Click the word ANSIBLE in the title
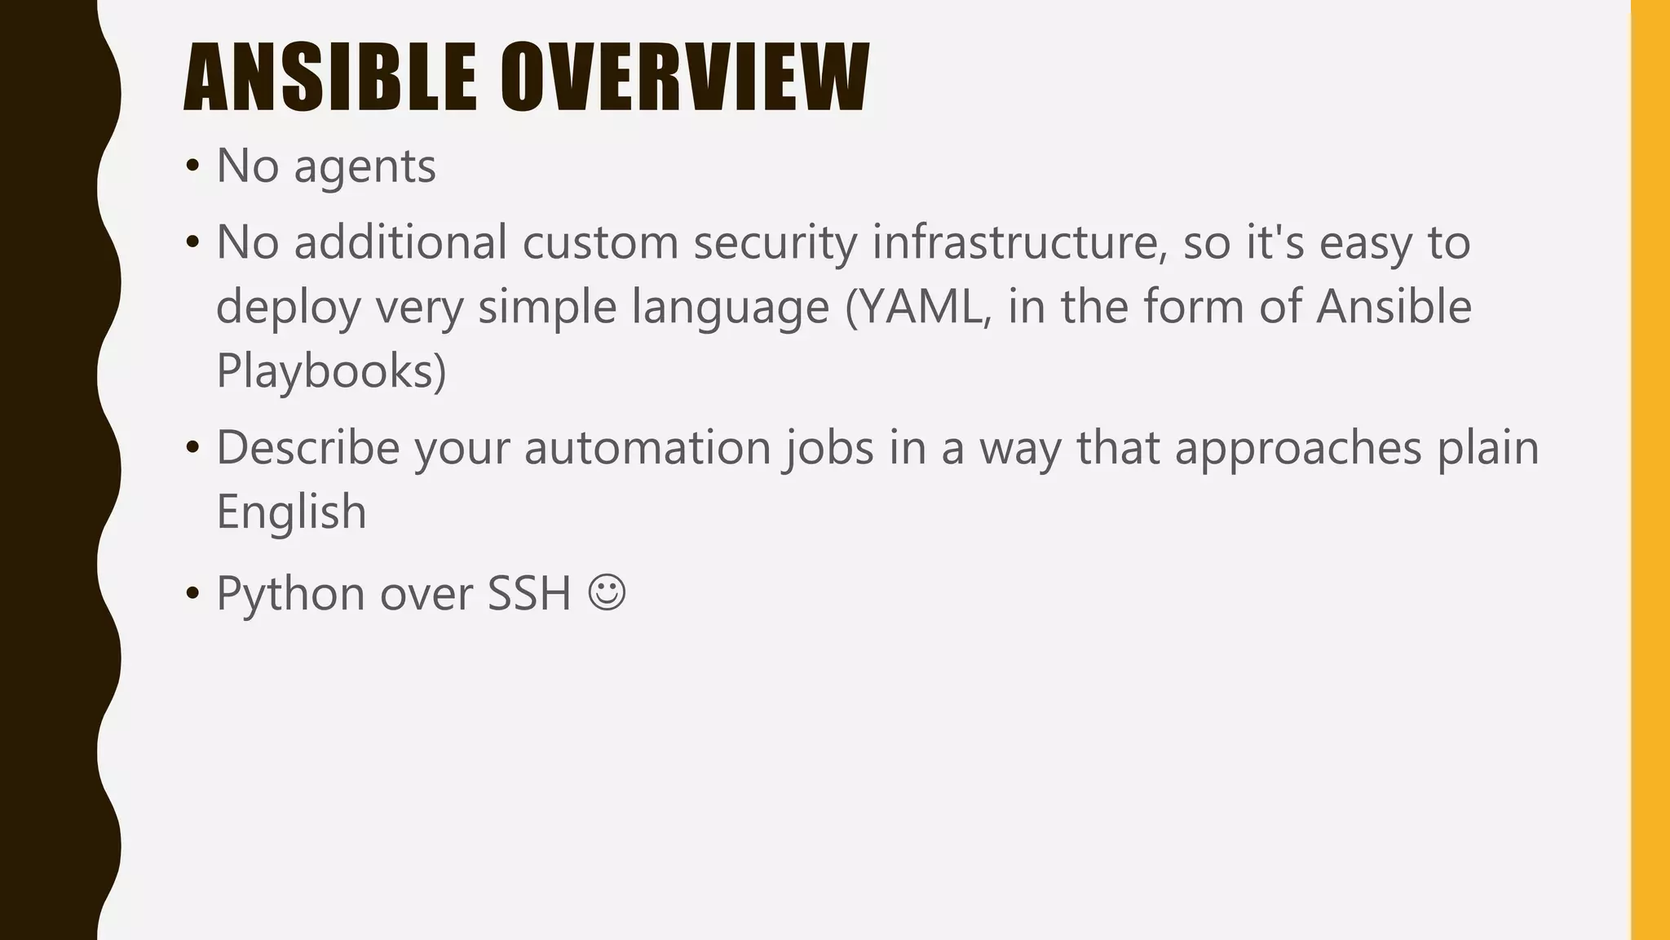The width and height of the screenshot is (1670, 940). [x=330, y=78]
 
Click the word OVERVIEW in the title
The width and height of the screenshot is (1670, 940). [x=685, y=78]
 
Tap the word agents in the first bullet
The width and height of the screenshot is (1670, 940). [x=364, y=167]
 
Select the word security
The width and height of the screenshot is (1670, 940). [x=775, y=243]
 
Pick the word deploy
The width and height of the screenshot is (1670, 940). [x=288, y=308]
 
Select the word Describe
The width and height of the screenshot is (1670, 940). [x=307, y=448]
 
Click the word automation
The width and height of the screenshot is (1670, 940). [x=647, y=448]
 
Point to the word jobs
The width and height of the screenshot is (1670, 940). [x=829, y=448]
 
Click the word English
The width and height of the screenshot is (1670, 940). [x=291, y=512]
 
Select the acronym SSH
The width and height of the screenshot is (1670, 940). [x=529, y=593]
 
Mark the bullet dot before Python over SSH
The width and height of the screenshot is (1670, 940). [x=192, y=593]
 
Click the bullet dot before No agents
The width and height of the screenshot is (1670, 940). [x=192, y=166]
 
